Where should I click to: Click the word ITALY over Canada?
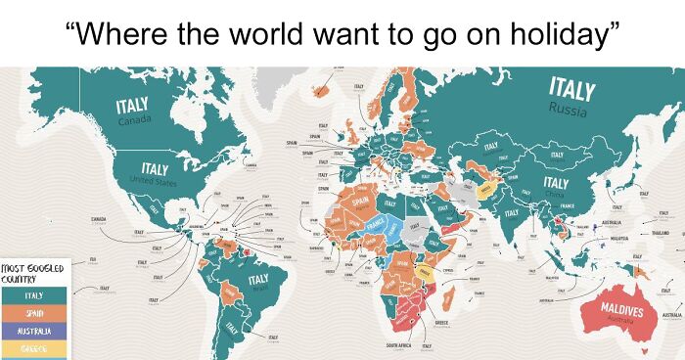click(132, 106)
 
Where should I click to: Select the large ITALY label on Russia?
click(571, 89)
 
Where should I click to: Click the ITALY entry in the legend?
click(32, 295)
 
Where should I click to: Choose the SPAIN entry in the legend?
click(32, 313)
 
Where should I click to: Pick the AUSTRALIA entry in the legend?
click(32, 331)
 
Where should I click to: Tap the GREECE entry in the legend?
click(32, 347)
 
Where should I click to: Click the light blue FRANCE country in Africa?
click(391, 233)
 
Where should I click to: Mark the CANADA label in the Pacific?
click(99, 217)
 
